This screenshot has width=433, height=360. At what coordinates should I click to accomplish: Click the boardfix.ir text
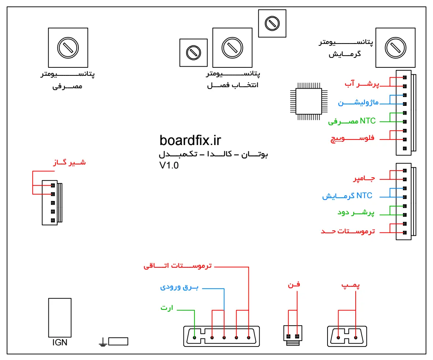coord(190,140)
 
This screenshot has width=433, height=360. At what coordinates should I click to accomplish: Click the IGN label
coord(60,343)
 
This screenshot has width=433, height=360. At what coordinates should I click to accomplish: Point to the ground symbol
coord(103,343)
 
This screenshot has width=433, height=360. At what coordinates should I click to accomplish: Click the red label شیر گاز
coord(69,162)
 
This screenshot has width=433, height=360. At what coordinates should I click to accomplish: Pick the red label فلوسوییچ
coord(352,139)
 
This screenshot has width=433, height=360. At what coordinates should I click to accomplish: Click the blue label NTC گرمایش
coord(347,197)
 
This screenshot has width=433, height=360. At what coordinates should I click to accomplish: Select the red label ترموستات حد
coord(348,232)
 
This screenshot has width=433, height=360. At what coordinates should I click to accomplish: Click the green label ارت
coord(166,308)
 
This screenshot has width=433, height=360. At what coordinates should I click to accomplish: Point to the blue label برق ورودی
coord(179,287)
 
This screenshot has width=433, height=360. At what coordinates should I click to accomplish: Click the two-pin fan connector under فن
coord(293,336)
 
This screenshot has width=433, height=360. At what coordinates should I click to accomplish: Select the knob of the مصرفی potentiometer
coord(68,47)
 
